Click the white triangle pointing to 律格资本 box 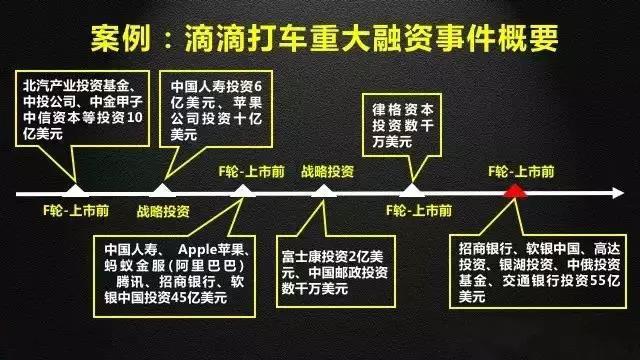tap(409, 189)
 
